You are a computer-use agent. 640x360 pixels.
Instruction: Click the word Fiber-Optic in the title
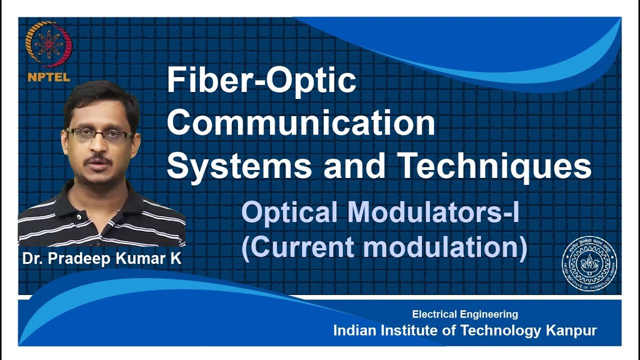tap(261, 81)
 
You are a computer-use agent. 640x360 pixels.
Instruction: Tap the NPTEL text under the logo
tap(48, 77)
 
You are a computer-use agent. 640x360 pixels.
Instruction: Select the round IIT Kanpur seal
tap(589, 263)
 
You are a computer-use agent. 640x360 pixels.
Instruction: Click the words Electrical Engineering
tap(465, 314)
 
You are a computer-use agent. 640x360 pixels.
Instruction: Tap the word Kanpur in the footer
tap(571, 330)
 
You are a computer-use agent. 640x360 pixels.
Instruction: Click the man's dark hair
tap(100, 97)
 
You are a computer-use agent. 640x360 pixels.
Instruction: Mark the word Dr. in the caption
tap(31, 259)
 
